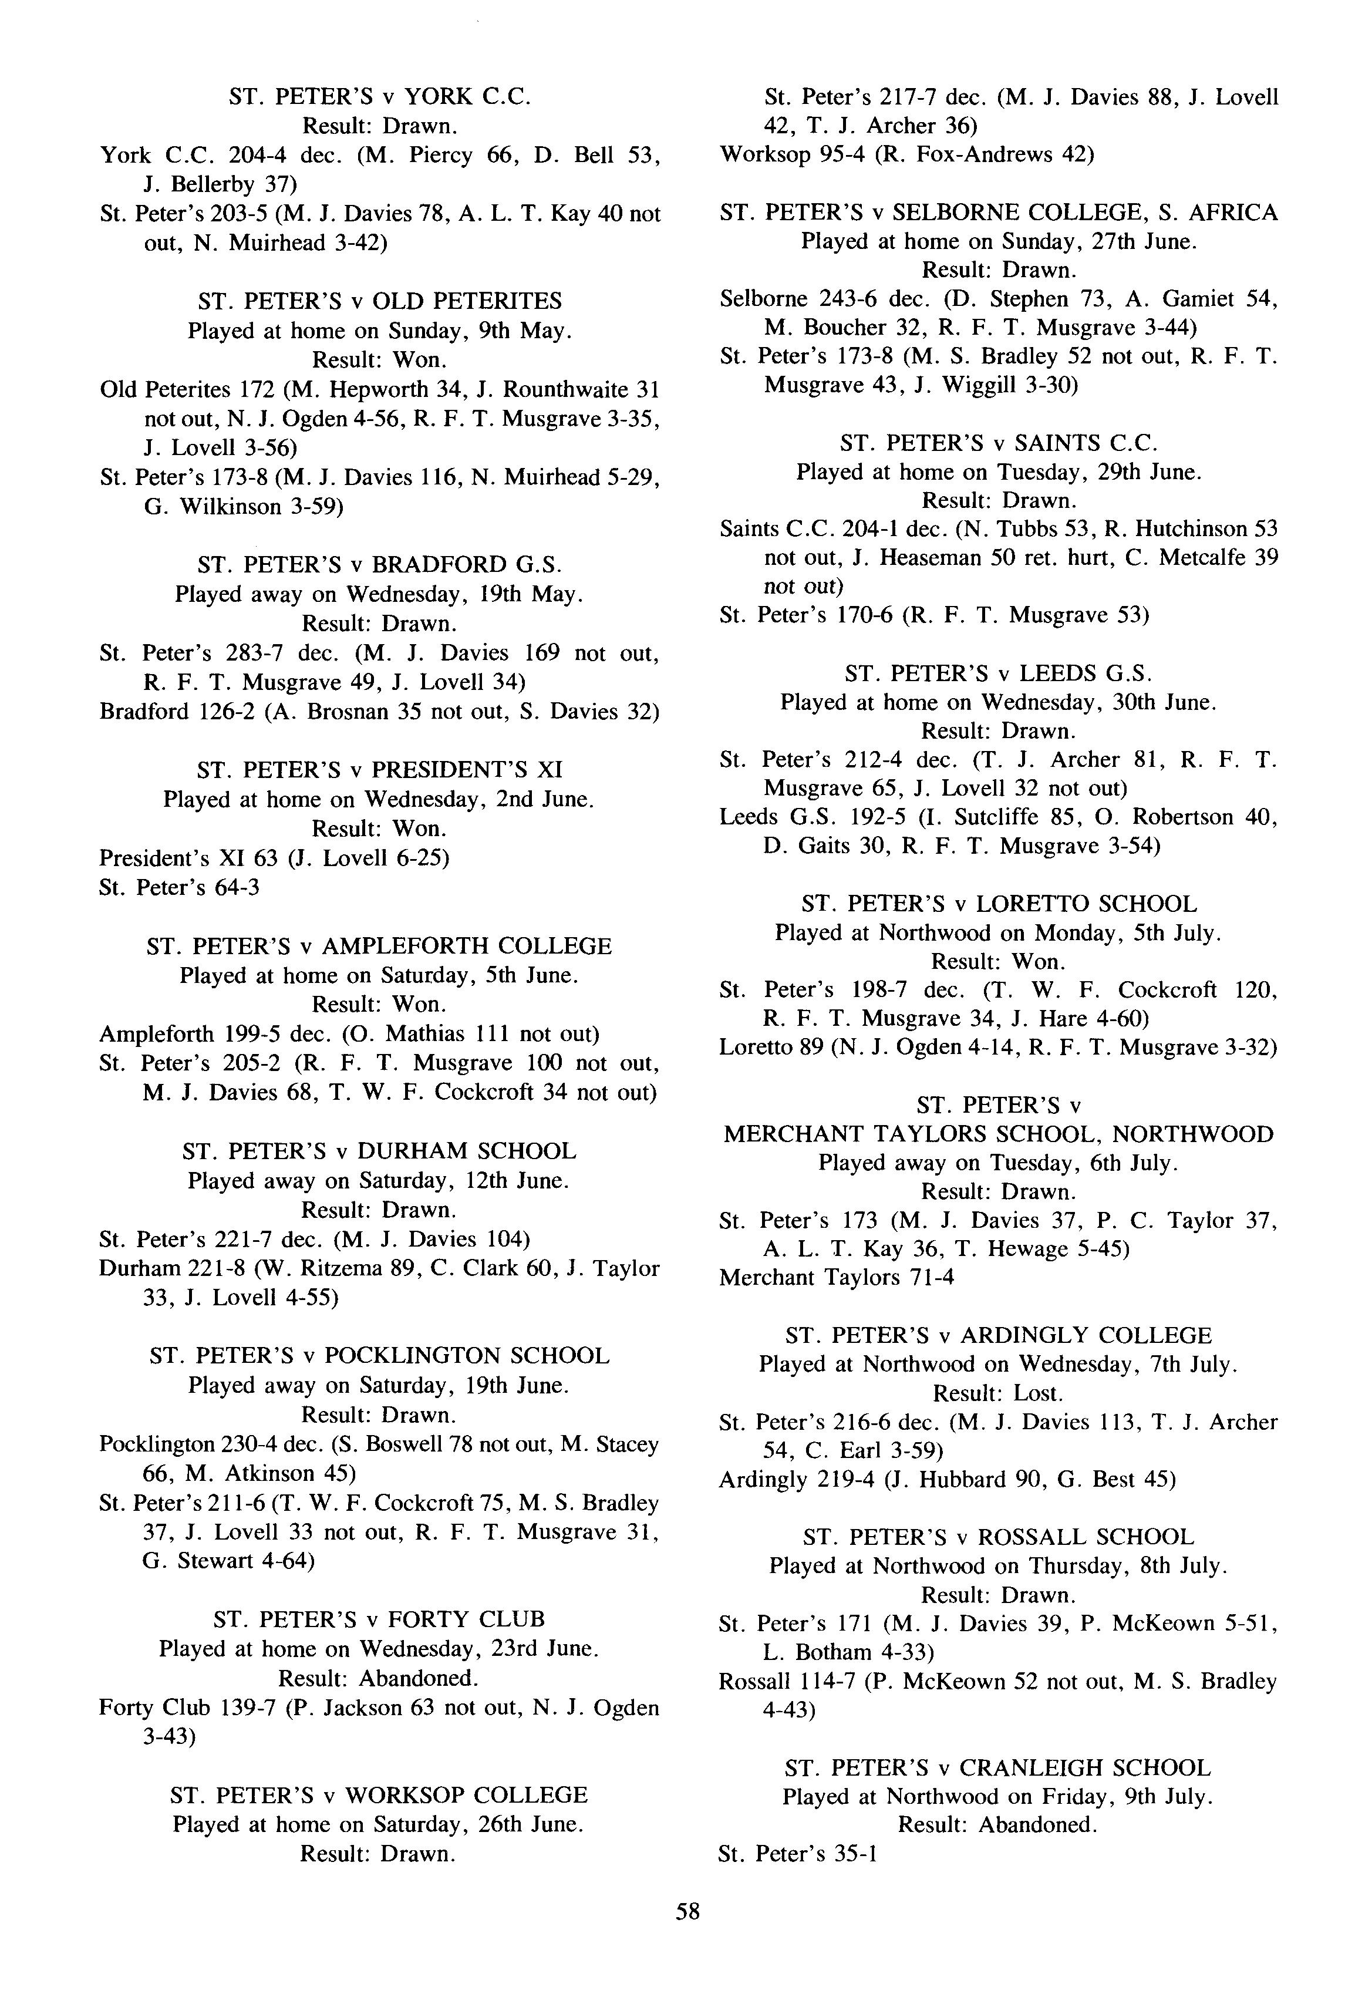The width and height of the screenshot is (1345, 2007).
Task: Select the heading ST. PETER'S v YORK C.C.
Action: [380, 96]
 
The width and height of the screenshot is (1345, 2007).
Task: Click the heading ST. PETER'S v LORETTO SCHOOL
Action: [999, 904]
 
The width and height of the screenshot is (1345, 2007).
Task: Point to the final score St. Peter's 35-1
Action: [797, 1854]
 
